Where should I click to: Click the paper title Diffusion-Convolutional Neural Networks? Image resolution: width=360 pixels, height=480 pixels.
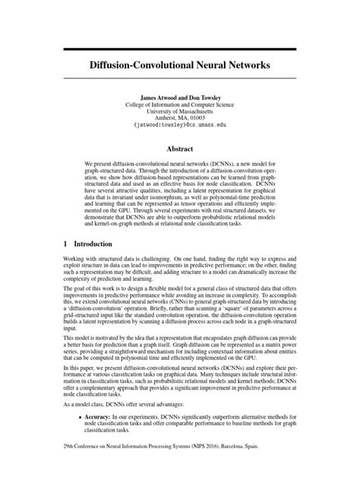pyautogui.click(x=180, y=66)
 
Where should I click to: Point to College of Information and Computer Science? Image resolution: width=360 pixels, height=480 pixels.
pyautogui.click(x=180, y=107)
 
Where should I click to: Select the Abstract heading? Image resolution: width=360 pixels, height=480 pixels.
pyautogui.click(x=180, y=150)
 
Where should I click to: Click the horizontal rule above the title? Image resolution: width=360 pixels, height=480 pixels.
pyautogui.click(x=180, y=48)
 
